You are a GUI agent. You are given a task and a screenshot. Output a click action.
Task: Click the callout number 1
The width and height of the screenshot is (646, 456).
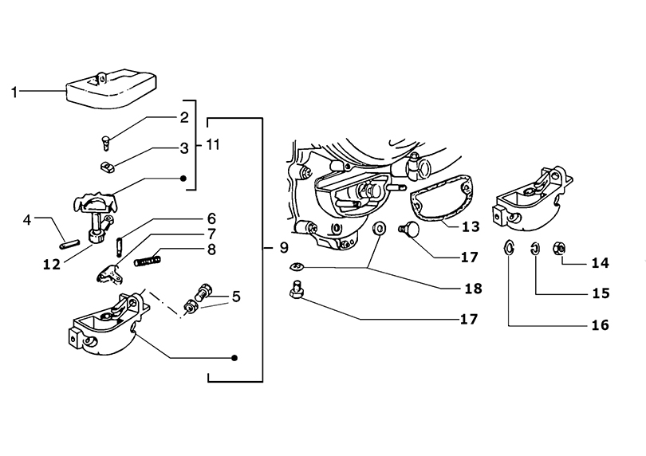click(x=14, y=92)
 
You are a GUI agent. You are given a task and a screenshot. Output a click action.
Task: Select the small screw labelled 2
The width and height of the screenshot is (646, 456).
click(x=105, y=143)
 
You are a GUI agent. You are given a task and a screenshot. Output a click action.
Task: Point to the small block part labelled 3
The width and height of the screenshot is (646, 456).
click(x=108, y=167)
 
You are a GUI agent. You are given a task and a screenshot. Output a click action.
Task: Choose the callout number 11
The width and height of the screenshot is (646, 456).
click(x=213, y=144)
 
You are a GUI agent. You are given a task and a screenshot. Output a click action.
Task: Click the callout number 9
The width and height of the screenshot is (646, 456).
click(x=284, y=248)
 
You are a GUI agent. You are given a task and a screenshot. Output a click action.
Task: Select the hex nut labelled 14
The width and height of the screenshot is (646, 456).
click(x=558, y=248)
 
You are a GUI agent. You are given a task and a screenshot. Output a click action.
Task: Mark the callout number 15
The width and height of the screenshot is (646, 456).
click(x=601, y=293)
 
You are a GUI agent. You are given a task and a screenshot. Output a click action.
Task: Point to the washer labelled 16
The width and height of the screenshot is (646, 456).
click(x=509, y=247)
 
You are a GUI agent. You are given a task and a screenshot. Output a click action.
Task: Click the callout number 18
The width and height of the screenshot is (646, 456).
click(x=473, y=289)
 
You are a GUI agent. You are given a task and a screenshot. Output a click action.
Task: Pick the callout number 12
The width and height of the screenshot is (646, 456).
click(x=52, y=265)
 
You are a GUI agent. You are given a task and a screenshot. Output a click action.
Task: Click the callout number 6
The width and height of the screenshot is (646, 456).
click(x=211, y=218)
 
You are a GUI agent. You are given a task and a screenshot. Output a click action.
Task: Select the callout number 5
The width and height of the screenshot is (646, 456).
click(x=236, y=297)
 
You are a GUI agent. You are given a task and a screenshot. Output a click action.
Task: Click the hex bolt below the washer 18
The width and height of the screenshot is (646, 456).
click(x=295, y=289)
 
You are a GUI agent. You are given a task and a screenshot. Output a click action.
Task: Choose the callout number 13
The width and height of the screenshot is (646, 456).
click(x=471, y=226)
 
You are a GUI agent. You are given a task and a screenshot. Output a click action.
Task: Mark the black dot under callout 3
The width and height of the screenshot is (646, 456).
click(x=183, y=179)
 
